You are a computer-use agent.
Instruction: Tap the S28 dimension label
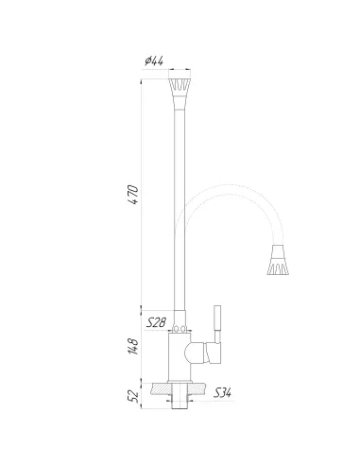coord(157,323)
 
